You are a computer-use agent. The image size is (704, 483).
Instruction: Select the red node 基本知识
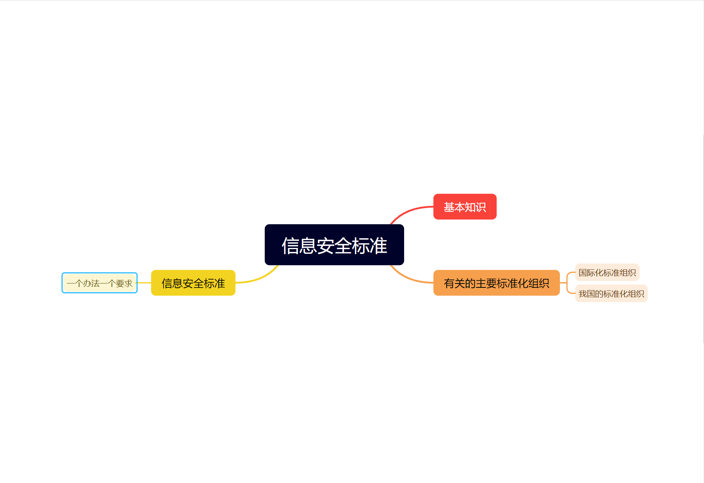tap(465, 207)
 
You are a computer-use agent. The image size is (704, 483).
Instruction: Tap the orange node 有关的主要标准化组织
tap(496, 283)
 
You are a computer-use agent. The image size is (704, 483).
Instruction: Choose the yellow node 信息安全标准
tap(193, 283)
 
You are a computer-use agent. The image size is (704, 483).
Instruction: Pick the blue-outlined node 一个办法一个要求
tap(100, 283)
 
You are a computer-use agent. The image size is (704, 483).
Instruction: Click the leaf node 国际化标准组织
tap(607, 273)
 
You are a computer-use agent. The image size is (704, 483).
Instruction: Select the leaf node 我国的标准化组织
tap(611, 294)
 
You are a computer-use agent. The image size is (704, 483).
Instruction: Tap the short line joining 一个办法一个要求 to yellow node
tap(144, 283)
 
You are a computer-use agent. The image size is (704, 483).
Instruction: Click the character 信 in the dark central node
tap(290, 246)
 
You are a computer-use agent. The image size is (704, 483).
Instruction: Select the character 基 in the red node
tap(449, 207)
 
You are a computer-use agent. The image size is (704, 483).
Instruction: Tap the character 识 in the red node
tap(481, 207)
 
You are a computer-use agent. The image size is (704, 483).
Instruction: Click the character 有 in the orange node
tap(449, 283)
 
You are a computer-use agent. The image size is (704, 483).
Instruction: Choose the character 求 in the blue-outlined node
tap(128, 283)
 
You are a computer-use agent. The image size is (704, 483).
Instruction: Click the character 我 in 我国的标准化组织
tap(583, 294)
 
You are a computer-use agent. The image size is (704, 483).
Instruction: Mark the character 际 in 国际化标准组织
tap(591, 273)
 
